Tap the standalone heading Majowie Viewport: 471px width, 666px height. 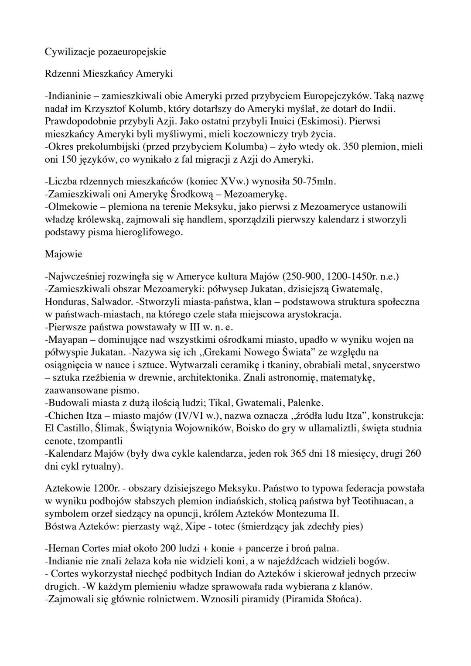click(x=63, y=254)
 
